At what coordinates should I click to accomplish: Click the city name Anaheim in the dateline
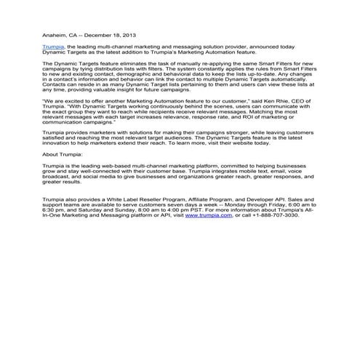pos(55,34)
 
